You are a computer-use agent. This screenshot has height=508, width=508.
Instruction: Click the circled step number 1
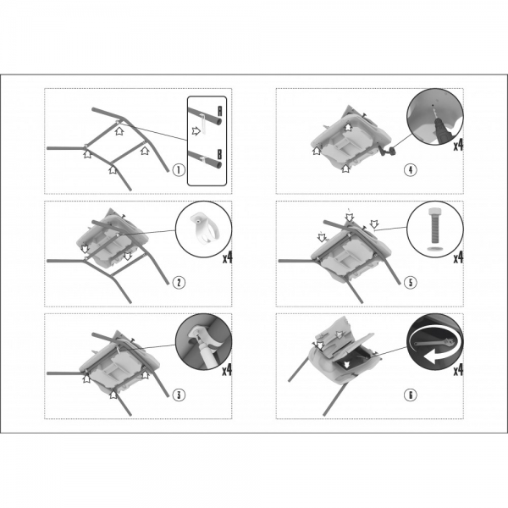(x=179, y=170)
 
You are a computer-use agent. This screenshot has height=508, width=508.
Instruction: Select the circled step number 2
(x=179, y=283)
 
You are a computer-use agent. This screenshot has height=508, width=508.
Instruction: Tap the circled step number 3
(x=179, y=395)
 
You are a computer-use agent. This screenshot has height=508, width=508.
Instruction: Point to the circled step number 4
(x=411, y=170)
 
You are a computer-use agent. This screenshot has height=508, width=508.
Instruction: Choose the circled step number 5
(x=411, y=283)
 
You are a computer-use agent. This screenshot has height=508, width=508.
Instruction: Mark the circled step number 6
(x=411, y=395)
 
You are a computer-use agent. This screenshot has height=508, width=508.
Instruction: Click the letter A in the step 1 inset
(x=219, y=112)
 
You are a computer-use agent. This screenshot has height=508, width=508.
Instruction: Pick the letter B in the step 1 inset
(x=219, y=155)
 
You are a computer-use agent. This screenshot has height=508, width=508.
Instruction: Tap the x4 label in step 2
(x=228, y=257)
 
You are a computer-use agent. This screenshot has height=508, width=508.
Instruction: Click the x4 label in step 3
(x=227, y=370)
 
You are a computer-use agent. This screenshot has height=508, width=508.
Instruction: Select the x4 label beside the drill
(x=458, y=145)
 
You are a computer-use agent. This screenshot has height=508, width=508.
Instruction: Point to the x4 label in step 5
(x=458, y=257)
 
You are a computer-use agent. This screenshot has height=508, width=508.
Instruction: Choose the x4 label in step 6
(x=458, y=370)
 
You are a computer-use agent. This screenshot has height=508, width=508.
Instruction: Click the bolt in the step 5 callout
(x=433, y=226)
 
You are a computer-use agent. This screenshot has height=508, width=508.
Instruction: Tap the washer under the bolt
(x=433, y=248)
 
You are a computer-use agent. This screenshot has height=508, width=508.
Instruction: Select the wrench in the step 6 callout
(x=433, y=342)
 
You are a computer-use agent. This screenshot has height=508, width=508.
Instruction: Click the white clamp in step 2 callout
(x=204, y=229)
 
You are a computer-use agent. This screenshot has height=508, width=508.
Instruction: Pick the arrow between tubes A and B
(x=196, y=131)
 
